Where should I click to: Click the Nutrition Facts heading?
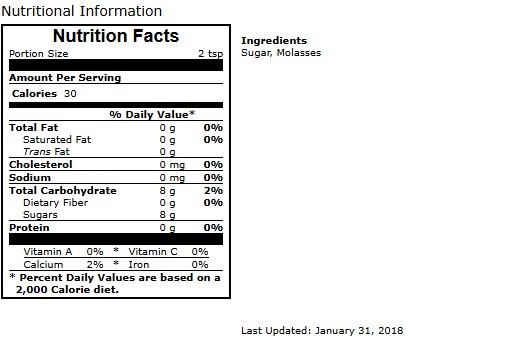tap(116, 36)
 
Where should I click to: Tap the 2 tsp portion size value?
tap(211, 54)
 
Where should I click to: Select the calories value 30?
tap(70, 93)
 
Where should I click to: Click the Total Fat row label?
tap(33, 128)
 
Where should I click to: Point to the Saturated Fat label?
tap(57, 140)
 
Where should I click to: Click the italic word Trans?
tap(37, 152)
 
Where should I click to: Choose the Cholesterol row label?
tap(40, 165)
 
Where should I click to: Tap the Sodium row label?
tap(30, 177)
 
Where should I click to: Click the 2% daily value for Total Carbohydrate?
tap(213, 191)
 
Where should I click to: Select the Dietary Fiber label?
tap(55, 203)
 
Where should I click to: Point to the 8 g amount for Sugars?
tap(167, 215)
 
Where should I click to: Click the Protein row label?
tap(29, 228)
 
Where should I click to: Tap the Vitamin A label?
tap(48, 252)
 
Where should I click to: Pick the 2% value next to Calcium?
tap(95, 265)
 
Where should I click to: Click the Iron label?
tap(139, 265)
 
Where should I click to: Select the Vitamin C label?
tap(153, 252)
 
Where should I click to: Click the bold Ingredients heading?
tap(274, 41)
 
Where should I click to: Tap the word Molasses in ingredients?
tap(299, 53)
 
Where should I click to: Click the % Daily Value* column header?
tap(152, 115)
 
